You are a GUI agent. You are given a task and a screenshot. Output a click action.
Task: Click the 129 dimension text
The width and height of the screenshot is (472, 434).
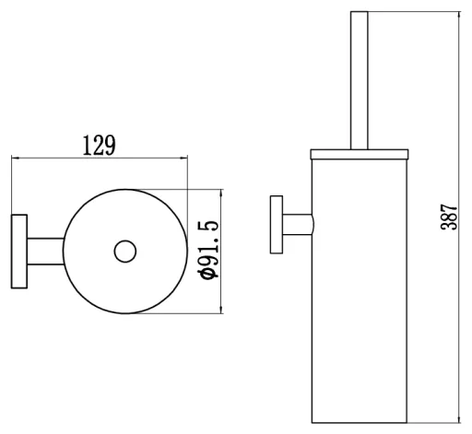click(100, 146)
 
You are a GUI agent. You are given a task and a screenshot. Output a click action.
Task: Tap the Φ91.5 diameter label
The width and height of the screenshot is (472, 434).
click(209, 250)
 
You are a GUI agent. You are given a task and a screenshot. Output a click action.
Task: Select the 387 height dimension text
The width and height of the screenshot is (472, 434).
click(449, 217)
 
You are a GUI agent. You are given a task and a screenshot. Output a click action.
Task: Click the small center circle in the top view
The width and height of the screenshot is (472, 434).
click(125, 252)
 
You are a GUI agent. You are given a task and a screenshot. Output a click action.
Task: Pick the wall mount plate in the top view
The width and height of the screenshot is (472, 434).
click(19, 252)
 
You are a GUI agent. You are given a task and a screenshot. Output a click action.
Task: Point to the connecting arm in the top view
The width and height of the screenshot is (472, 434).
click(46, 252)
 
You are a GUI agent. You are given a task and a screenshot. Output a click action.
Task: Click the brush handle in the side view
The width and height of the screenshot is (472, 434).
click(360, 80)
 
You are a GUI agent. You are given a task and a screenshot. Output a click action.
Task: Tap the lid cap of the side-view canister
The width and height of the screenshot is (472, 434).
click(360, 155)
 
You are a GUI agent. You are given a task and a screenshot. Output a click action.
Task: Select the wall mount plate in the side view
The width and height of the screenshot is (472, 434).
click(277, 225)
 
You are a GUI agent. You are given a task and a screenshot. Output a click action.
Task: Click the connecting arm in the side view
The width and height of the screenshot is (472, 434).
click(299, 225)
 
